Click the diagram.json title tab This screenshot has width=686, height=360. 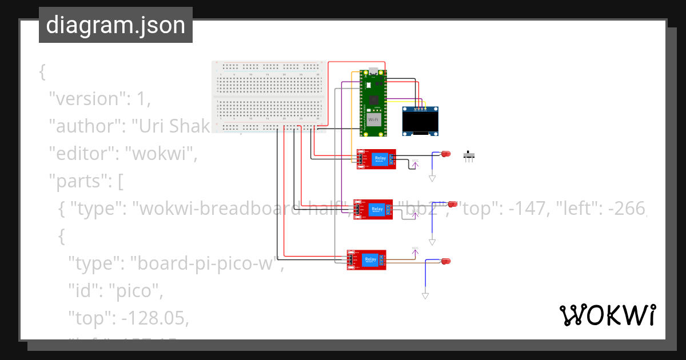(x=115, y=25)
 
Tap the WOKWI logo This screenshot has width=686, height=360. (x=607, y=315)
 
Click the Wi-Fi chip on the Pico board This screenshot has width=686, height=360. (x=373, y=120)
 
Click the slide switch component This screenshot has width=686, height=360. (x=470, y=156)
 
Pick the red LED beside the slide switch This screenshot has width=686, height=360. (x=445, y=154)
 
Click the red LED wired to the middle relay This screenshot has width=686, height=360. (x=452, y=204)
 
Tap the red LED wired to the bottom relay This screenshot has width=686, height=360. (x=445, y=261)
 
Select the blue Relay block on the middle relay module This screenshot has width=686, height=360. (x=377, y=209)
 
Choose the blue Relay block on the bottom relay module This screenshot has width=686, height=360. (x=371, y=259)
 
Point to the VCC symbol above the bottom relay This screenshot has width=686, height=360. (x=415, y=249)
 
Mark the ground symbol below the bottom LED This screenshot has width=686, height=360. (x=425, y=295)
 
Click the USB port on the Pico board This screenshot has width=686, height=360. (x=373, y=73)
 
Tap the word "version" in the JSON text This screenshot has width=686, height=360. (x=85, y=99)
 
